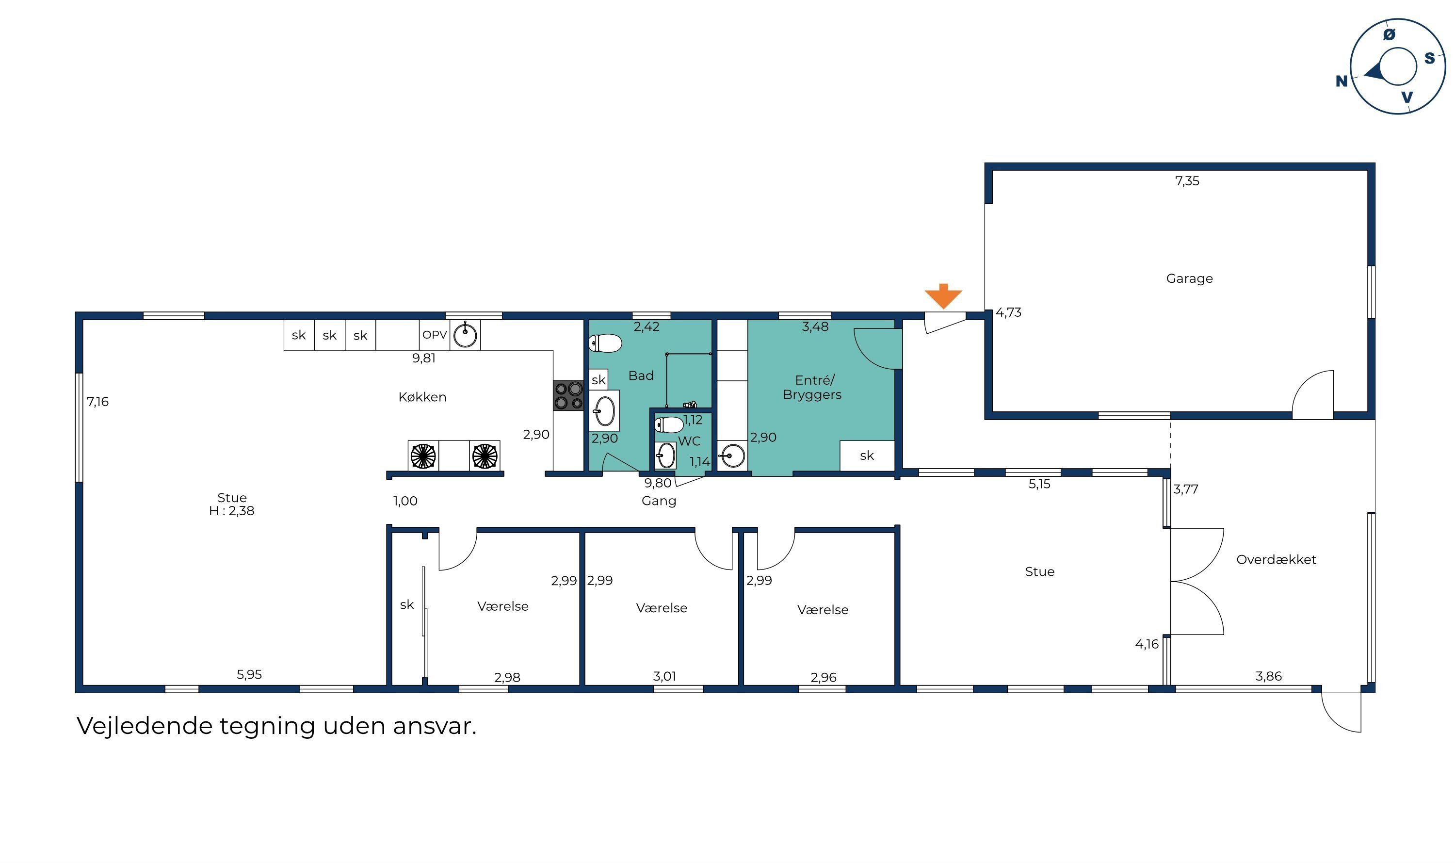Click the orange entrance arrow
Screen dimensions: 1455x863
click(x=943, y=296)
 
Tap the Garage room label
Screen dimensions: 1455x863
click(x=1189, y=278)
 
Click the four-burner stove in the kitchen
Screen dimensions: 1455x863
click(x=568, y=395)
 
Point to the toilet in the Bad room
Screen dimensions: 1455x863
click(x=605, y=343)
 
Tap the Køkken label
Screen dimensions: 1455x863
click(x=422, y=397)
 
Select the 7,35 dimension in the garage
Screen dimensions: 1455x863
click(x=1187, y=181)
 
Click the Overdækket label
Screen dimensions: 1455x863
click(x=1276, y=559)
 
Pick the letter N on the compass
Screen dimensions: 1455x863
click(x=1342, y=81)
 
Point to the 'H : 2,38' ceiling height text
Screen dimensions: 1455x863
click(x=231, y=511)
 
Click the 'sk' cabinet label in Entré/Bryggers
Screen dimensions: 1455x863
click(x=867, y=456)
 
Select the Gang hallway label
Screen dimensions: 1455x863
click(x=659, y=501)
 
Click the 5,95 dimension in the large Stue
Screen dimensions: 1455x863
click(x=249, y=675)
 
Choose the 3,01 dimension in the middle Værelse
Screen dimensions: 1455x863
click(x=664, y=676)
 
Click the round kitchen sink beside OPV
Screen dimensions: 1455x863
click(x=465, y=335)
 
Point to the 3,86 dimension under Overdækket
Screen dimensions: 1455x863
click(x=1268, y=676)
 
